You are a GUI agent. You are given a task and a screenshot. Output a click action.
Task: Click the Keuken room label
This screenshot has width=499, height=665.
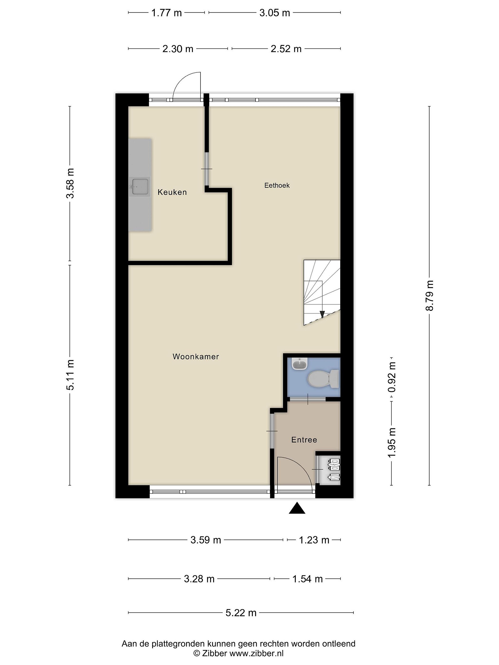[x=172, y=192]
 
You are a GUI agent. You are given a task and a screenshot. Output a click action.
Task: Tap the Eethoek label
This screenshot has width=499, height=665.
[x=277, y=185]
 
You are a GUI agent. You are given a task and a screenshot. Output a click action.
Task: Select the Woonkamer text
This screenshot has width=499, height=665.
[x=195, y=357]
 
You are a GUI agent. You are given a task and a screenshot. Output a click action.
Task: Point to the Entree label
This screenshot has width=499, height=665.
[x=304, y=440]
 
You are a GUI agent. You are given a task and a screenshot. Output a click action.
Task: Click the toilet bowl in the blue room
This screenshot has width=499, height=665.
[x=323, y=378]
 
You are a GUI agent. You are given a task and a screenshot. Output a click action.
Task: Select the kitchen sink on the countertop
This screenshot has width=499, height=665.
[x=139, y=187]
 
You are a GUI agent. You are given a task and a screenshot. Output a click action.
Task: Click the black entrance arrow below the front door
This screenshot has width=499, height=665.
[x=297, y=508]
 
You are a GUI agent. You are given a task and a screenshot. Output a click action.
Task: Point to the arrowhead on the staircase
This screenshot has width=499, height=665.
[x=322, y=314]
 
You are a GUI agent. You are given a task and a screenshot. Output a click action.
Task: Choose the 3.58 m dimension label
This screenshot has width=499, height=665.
[x=70, y=183]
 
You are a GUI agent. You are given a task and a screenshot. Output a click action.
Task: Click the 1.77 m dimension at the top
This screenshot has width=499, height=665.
[x=166, y=13]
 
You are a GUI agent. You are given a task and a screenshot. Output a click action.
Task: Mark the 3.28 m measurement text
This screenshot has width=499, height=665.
[x=199, y=579]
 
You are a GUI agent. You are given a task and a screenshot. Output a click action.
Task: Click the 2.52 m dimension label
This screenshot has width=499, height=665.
[x=286, y=49]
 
